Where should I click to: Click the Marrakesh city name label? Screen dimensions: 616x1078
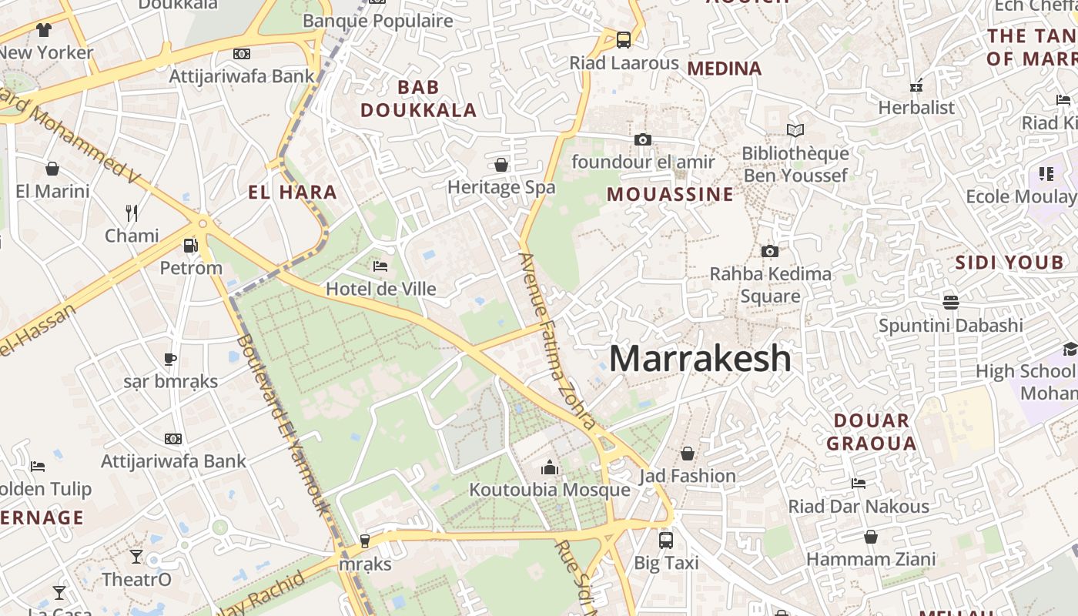tap(700, 359)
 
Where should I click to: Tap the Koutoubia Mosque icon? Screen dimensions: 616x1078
tap(549, 467)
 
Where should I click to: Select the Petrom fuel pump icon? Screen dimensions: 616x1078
tap(190, 246)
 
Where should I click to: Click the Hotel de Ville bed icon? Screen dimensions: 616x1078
tap(380, 266)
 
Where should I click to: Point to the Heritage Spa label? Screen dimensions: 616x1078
tap(501, 187)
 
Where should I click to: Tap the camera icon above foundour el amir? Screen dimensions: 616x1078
tap(642, 139)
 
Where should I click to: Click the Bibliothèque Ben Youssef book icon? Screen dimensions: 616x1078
tap(795, 131)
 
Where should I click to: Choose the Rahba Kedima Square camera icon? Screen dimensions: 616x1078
tap(769, 251)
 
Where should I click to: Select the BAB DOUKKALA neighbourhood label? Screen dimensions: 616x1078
tap(419, 99)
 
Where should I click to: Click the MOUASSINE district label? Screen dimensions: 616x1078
tap(670, 194)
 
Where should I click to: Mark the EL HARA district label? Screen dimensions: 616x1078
tap(293, 192)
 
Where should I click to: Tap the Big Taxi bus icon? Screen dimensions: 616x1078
tap(666, 541)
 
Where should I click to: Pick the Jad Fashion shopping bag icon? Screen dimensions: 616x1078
tap(688, 454)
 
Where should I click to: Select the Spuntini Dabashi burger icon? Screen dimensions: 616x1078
tap(951, 302)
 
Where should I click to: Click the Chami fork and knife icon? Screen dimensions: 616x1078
tap(132, 213)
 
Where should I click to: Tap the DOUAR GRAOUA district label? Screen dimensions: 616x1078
tap(872, 432)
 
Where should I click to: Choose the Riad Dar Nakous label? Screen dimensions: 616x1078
tap(859, 507)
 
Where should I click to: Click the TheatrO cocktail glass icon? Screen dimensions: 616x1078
tap(136, 556)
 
